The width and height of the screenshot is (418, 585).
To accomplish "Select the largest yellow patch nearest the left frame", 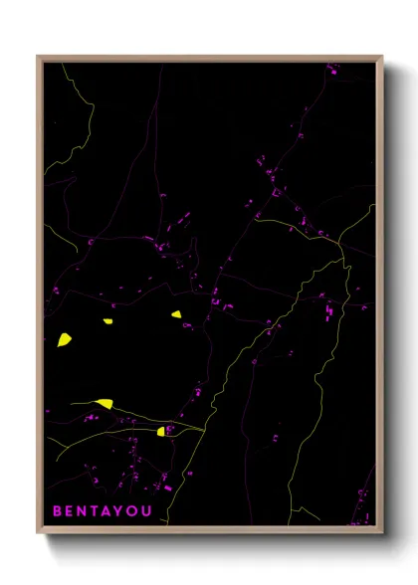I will [x=64, y=339].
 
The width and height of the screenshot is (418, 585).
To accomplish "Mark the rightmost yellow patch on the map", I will [x=176, y=314].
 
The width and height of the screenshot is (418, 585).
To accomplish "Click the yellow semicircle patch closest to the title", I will [x=161, y=432].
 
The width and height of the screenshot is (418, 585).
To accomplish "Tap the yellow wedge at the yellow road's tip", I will [x=104, y=403].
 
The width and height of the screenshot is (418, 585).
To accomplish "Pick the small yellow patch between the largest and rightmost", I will [x=108, y=320].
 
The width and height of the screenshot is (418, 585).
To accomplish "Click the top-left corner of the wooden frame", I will [x=39, y=57].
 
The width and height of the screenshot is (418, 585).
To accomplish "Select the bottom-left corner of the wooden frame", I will [x=39, y=533].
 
